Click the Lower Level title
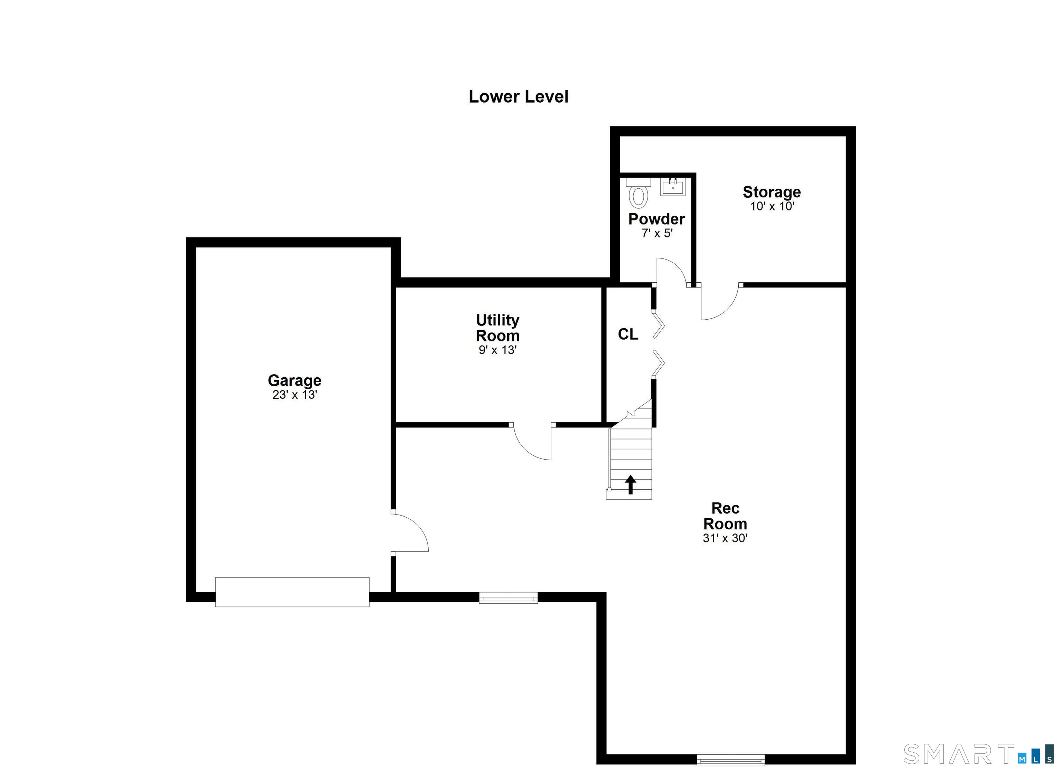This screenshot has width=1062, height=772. pyautogui.click(x=518, y=97)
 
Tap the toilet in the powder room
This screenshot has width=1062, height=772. pyautogui.click(x=638, y=194)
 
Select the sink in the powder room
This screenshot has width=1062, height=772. pyautogui.click(x=672, y=187)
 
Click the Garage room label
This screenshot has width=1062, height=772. pyautogui.click(x=295, y=380)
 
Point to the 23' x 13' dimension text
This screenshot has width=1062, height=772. pyautogui.click(x=295, y=395)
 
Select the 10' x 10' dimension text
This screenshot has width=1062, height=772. pyautogui.click(x=772, y=206)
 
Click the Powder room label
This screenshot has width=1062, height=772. pyautogui.click(x=656, y=219)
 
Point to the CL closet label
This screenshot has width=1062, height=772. pyautogui.click(x=627, y=334)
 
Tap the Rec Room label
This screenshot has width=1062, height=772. pyautogui.click(x=725, y=516)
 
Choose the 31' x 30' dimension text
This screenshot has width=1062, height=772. pyautogui.click(x=725, y=538)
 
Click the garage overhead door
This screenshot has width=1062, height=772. pyautogui.click(x=292, y=592)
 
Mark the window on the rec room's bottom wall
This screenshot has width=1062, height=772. pyautogui.click(x=730, y=760)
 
